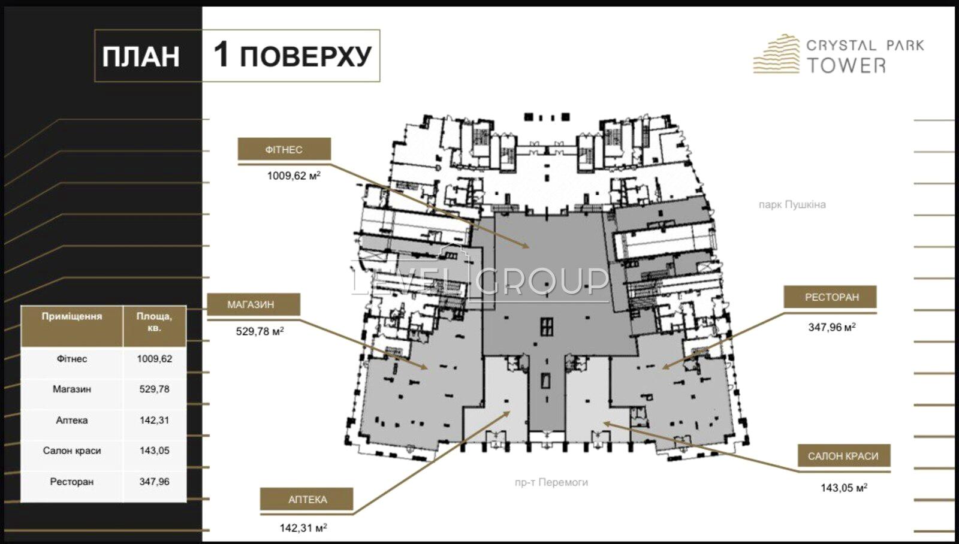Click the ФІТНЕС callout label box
point(284,149)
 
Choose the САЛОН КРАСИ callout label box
point(844,456)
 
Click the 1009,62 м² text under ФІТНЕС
point(294,176)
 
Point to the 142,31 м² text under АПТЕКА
point(303,528)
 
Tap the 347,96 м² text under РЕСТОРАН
point(832,327)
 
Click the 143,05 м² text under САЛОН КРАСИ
point(844,488)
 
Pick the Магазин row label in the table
point(72,389)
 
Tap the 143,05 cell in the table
point(154,451)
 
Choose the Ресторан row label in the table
point(72,482)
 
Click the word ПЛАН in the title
point(141,56)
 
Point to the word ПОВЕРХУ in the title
point(306,56)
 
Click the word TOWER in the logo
point(846,65)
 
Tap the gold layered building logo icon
point(776,54)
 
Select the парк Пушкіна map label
point(792,204)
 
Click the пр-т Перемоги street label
point(551,482)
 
